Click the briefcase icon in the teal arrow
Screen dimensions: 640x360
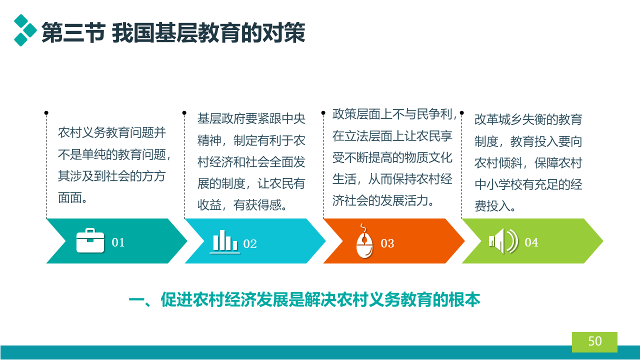pos(90,240)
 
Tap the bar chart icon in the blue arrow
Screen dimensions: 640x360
pos(225,241)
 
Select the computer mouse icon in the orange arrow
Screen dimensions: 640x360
pos(364,241)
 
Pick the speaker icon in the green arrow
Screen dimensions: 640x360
pos(503,241)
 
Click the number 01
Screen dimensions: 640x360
pos(118,242)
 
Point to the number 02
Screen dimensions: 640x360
pos(249,244)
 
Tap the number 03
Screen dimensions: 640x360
pos(387,243)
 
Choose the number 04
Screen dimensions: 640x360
pos(531,242)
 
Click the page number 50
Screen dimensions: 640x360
pos(595,341)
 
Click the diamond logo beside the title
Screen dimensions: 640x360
pos(25,30)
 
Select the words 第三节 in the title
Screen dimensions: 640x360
pos(73,32)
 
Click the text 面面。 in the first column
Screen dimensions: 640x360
pos(72,197)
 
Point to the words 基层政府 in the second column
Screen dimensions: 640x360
pos(221,118)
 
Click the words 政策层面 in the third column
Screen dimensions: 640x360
pos(356,114)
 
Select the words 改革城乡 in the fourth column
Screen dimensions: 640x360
pos(498,119)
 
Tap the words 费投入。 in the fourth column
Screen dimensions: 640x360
pos(495,206)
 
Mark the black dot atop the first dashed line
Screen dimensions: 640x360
pos(46,113)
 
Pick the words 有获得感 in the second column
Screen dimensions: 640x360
pos(257,205)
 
